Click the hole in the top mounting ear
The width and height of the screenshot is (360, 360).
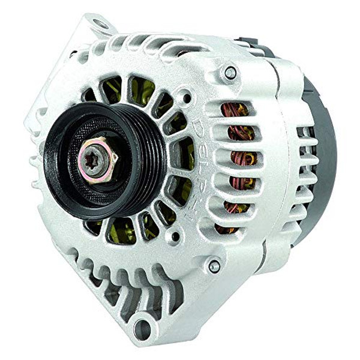point(100,25)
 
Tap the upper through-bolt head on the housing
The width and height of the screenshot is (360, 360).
point(230,73)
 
